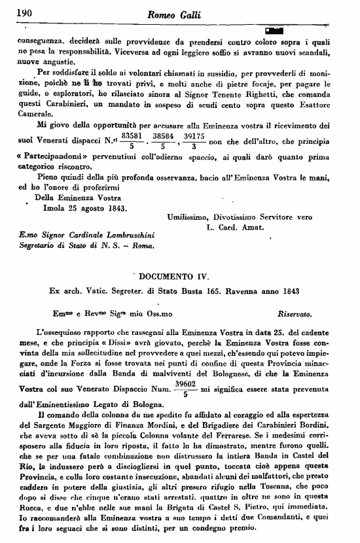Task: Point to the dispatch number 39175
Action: (x=194, y=134)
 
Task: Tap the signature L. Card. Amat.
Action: (x=234, y=228)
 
